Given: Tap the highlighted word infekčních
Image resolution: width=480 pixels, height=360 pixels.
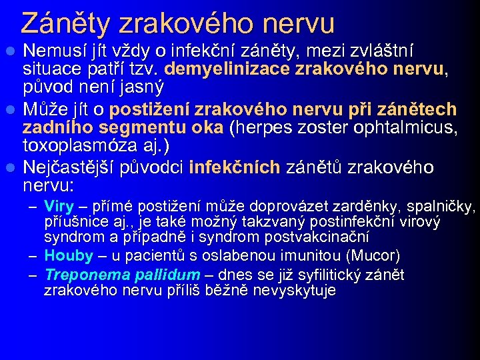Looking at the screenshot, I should coord(235,167).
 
